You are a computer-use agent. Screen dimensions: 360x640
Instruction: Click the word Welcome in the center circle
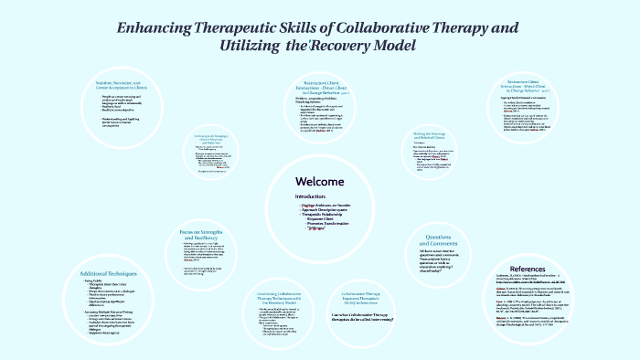[x=319, y=180]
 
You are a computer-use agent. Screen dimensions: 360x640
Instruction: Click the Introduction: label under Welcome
[x=310, y=196]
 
